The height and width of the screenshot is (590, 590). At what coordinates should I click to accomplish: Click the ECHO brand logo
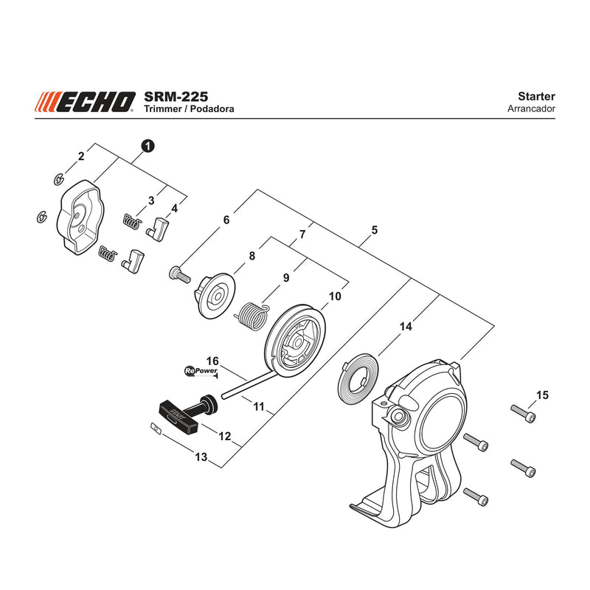coord(86,102)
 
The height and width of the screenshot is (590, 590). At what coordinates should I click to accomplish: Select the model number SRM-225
coord(176,97)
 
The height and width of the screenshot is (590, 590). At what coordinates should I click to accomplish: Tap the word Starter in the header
coord(536,97)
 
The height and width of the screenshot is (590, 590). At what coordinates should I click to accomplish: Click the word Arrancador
coord(531,108)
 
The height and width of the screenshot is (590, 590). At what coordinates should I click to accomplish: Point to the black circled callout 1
coord(148,146)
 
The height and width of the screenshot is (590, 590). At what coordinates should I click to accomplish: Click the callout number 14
coord(406,326)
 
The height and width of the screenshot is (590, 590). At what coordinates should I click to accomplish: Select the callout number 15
coord(542,395)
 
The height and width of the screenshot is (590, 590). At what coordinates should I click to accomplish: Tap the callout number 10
coord(335,296)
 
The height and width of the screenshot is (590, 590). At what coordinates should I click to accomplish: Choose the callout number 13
coord(201,457)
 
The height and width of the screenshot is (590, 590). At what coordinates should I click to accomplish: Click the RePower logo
coord(201,371)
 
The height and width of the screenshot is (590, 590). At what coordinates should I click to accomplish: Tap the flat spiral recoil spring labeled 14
coord(358,378)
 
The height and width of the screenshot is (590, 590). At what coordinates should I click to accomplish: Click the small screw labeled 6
coord(178,274)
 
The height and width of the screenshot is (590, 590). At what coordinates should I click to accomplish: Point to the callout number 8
coord(252,256)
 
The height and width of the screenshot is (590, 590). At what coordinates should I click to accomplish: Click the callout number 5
coord(374,230)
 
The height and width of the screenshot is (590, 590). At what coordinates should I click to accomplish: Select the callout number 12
coord(225,436)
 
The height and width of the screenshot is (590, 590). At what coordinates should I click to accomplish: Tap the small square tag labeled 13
coord(156,428)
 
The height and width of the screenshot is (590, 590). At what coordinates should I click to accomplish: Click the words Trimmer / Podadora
coord(189,108)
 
